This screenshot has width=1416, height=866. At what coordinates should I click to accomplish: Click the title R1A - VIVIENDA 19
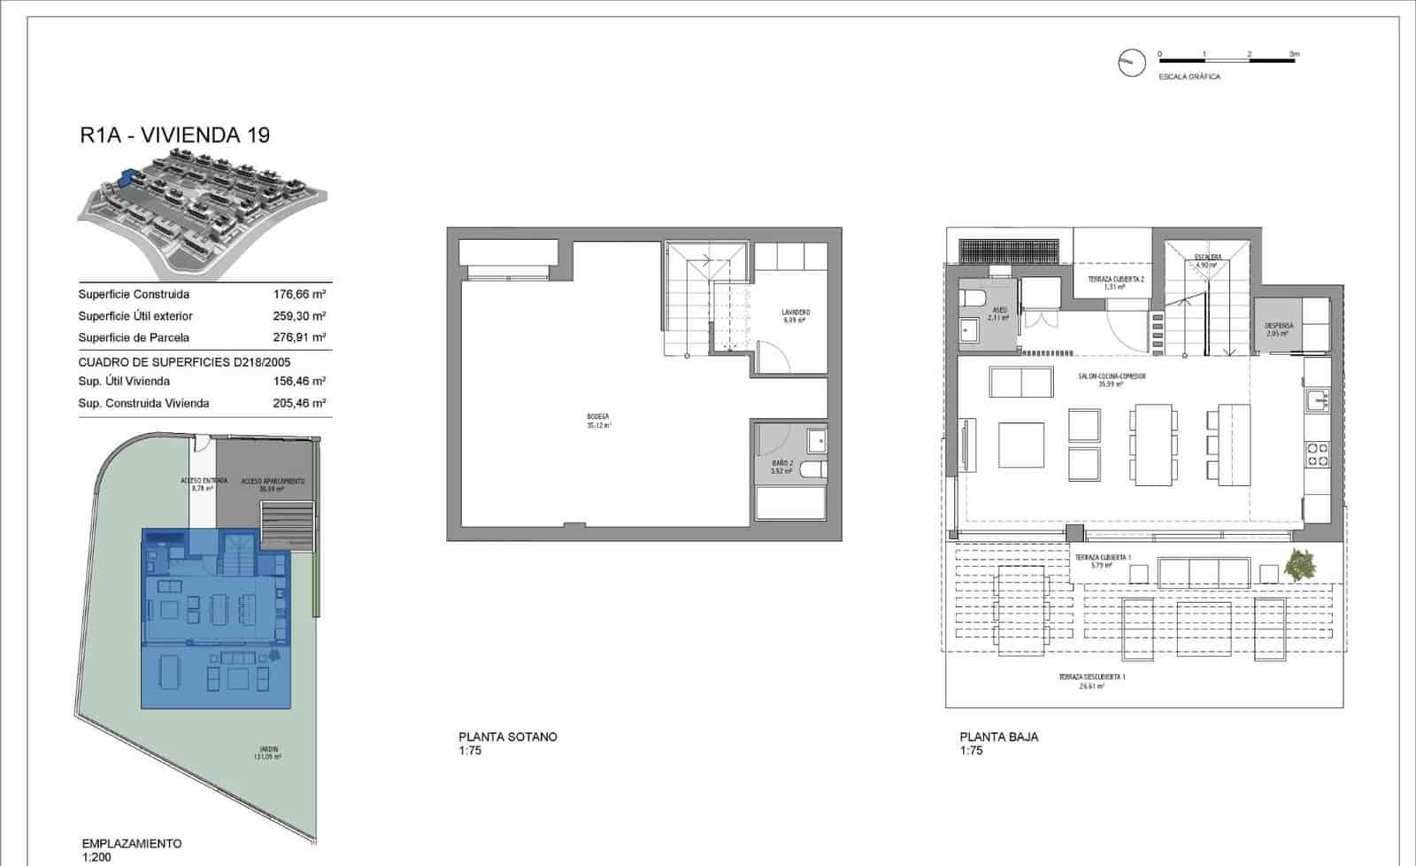[173, 135]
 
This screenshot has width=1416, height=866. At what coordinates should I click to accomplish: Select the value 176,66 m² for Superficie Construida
[300, 294]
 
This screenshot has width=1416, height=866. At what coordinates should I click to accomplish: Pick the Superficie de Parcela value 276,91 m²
[300, 337]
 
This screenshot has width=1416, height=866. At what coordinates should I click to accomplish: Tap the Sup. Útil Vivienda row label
[124, 381]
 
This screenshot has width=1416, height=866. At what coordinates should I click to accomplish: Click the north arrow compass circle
[1131, 62]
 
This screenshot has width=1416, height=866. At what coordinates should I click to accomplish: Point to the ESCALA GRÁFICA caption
[1189, 77]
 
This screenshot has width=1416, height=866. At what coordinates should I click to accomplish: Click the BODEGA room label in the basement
[598, 416]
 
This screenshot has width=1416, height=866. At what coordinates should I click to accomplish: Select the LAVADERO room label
[796, 313]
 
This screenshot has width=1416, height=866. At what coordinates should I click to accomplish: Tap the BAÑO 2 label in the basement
[781, 463]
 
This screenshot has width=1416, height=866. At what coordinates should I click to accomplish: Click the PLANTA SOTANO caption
[508, 737]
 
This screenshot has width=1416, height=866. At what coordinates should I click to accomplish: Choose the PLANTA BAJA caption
[999, 737]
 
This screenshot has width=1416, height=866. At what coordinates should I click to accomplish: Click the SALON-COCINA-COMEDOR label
[1112, 376]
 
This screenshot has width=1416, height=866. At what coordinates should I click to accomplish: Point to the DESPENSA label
[1279, 326]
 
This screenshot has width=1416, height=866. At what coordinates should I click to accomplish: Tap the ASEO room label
[998, 310]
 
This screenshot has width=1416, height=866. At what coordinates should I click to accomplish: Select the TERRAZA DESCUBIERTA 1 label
[1091, 677]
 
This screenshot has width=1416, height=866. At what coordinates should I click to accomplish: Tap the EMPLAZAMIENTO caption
[131, 844]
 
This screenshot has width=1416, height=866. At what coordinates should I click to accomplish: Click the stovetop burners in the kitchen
[1317, 454]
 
